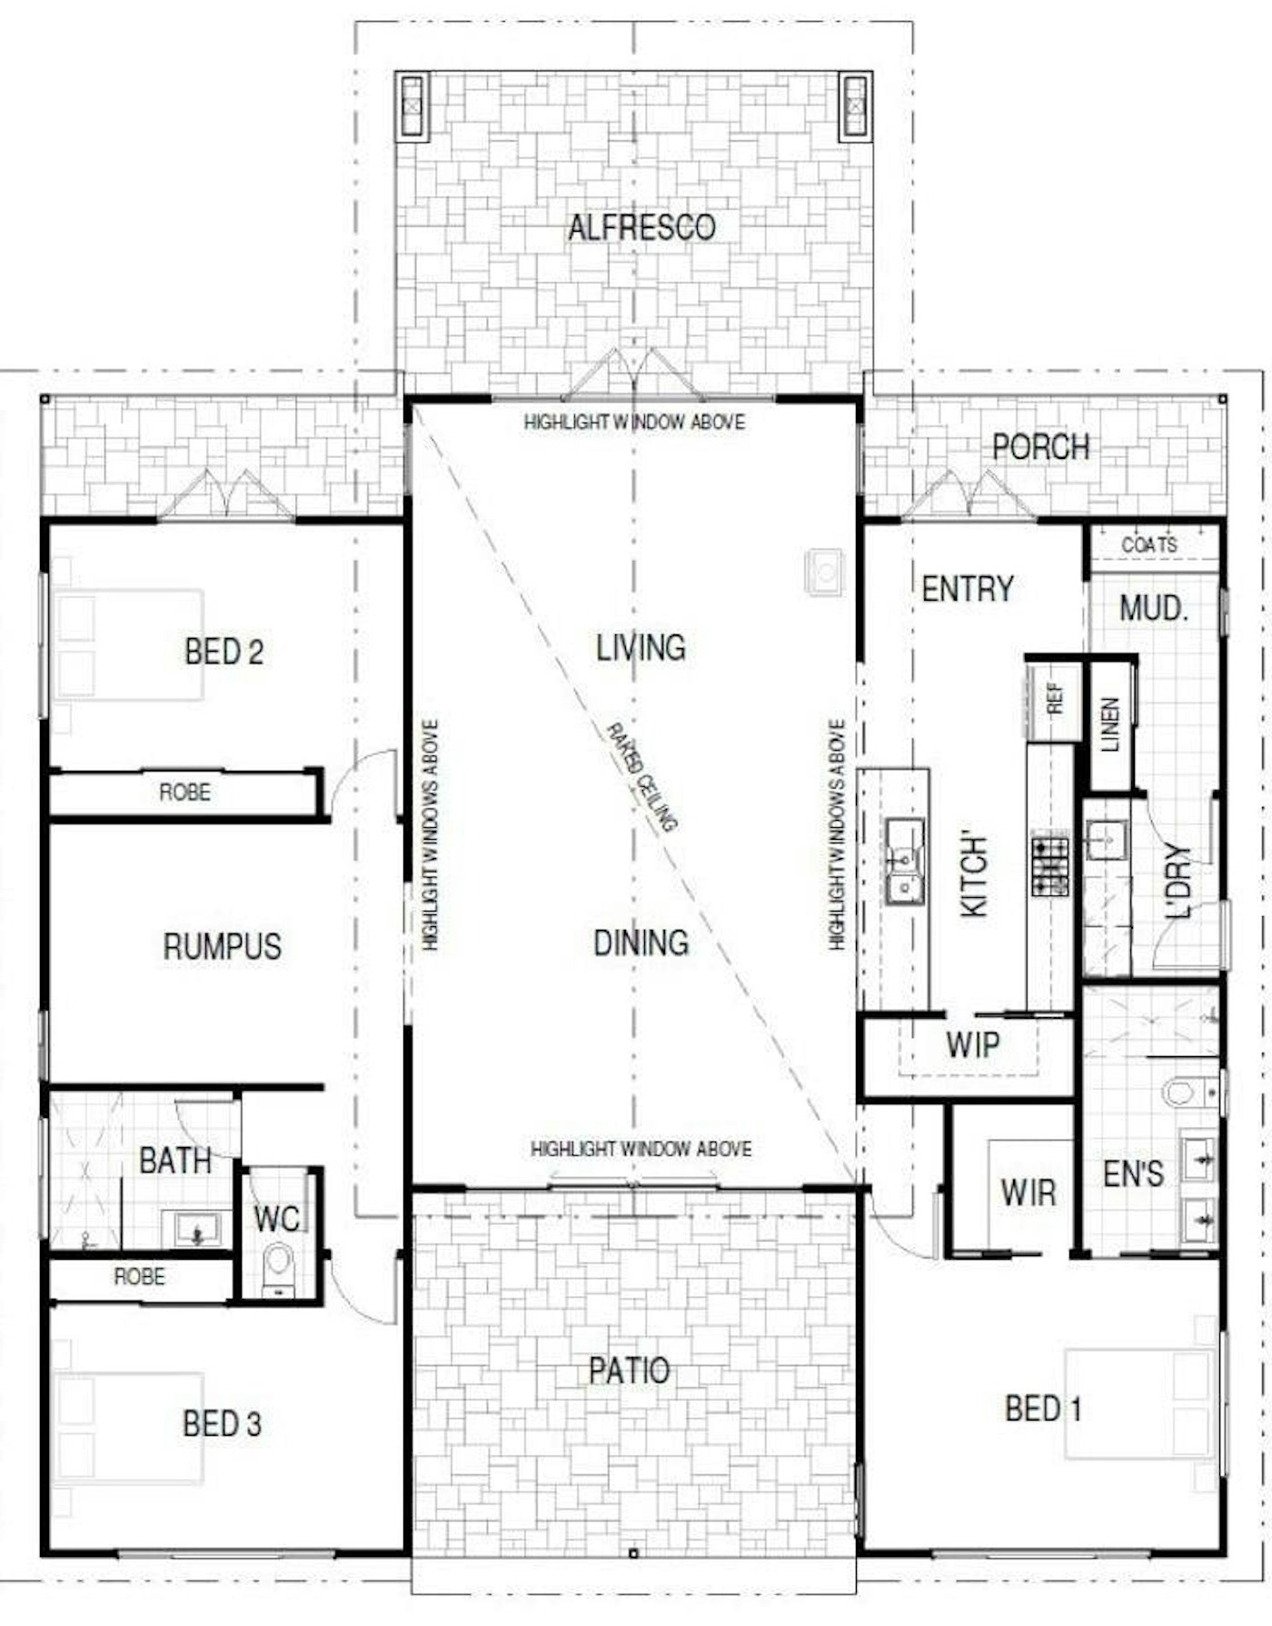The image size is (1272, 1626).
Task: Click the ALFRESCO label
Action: [x=641, y=227]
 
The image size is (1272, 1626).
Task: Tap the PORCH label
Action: [x=1040, y=446]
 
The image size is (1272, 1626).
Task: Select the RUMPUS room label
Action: [x=223, y=946]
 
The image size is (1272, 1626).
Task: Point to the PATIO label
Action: [x=630, y=1370]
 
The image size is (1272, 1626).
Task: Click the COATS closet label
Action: [x=1149, y=544]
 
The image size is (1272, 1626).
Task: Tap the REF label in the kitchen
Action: [x=1055, y=698]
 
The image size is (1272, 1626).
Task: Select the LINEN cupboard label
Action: [x=1110, y=724]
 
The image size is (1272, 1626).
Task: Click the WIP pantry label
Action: [x=972, y=1045]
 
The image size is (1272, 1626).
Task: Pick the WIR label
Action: [x=1028, y=1192]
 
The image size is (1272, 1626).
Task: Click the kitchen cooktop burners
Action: [x=1049, y=864]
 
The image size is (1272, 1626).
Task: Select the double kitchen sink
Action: [x=905, y=860]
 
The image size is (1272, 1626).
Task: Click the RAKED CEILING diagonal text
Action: [x=641, y=777]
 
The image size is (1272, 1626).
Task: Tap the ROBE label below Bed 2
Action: [x=184, y=792]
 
